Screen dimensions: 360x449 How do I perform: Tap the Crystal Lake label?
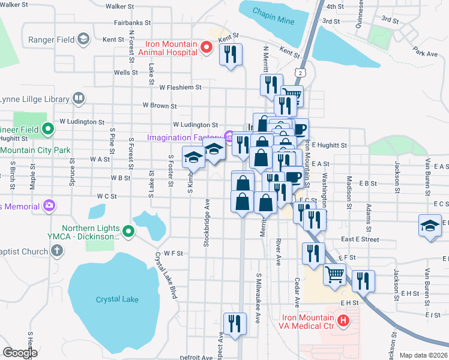pos(117,299)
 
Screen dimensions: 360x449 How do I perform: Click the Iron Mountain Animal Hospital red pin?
pos(208,47)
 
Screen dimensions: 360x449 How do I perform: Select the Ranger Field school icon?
pos(83,40)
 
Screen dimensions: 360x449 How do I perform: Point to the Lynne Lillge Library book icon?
pos(78,98)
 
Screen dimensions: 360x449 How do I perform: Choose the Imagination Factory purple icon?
pos(229,137)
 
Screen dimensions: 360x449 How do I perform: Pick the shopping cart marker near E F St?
pos(334,274)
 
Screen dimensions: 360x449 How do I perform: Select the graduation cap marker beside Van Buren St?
pos(429,226)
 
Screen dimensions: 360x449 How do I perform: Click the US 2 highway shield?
pos(298,73)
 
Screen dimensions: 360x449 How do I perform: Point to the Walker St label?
pos(119,5)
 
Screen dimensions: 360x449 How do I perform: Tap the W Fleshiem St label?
pos(180,87)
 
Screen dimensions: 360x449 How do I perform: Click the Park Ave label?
pos(425,54)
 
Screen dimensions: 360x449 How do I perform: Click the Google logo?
pos(20,353)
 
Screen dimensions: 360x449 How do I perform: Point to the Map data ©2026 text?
pos(423,355)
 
